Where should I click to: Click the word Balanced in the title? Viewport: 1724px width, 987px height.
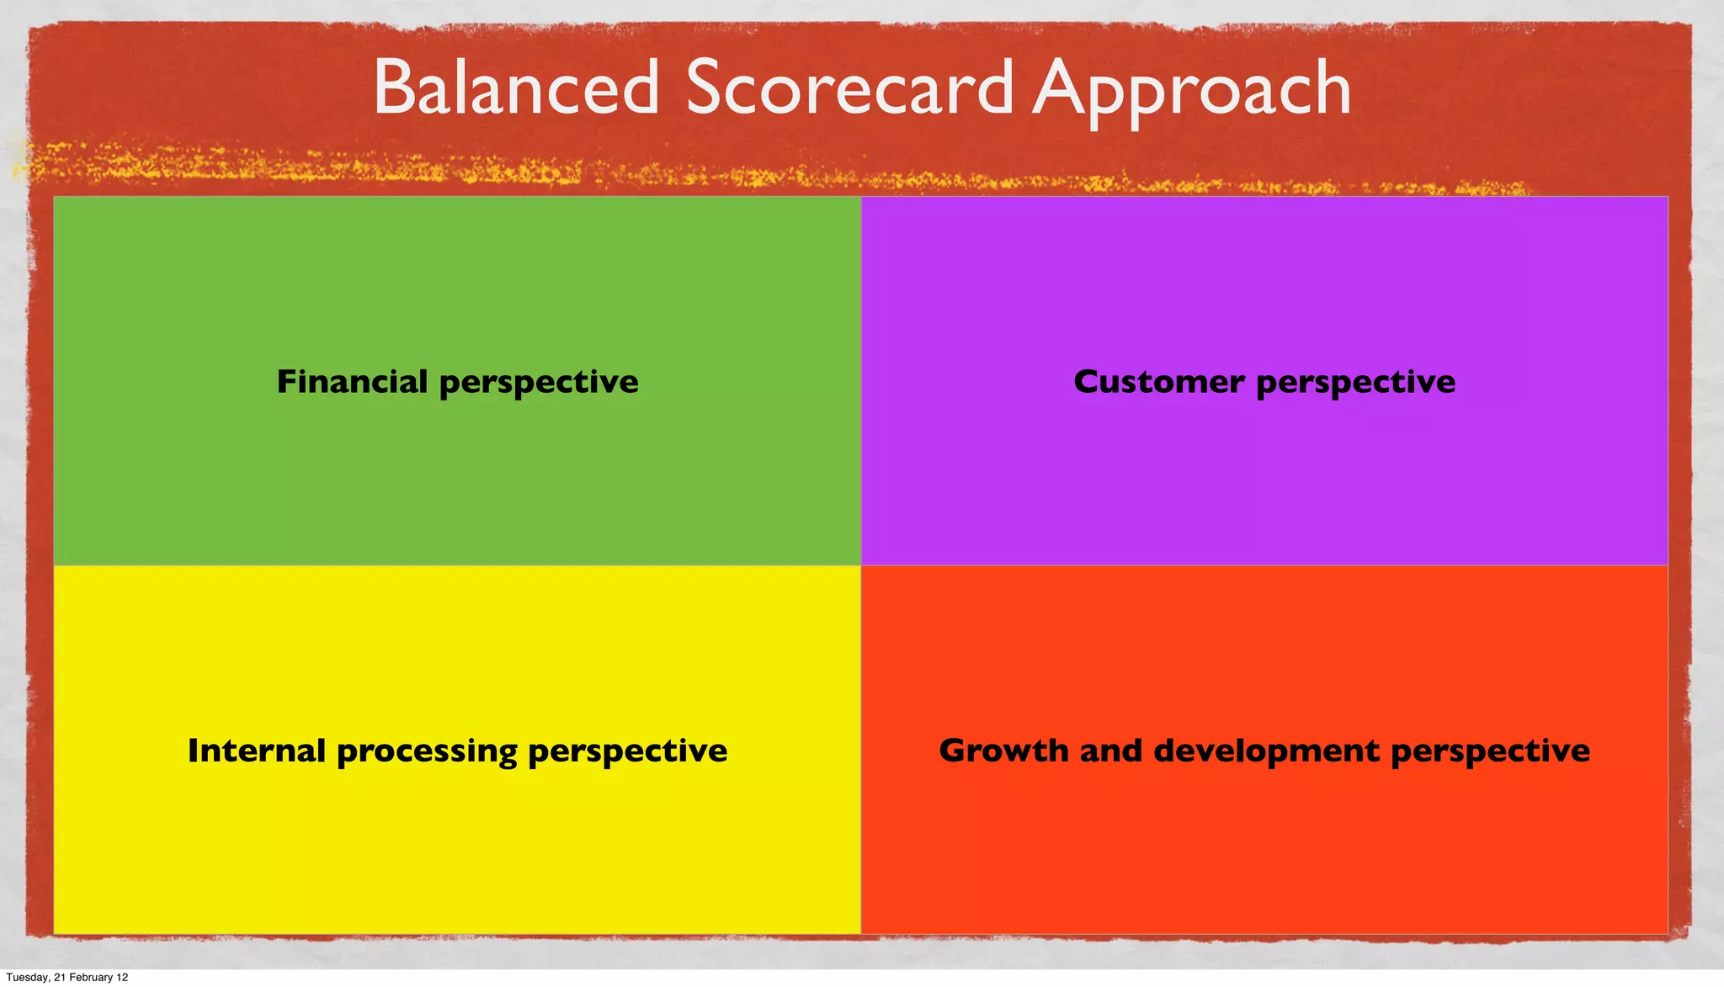pyautogui.click(x=516, y=88)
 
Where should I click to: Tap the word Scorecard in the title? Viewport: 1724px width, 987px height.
pyautogui.click(x=849, y=88)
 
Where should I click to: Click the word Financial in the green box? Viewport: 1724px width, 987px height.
pyautogui.click(x=352, y=381)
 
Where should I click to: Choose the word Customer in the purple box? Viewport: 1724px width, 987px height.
pyautogui.click(x=1158, y=381)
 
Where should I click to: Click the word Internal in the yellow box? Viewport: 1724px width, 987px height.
pyautogui.click(x=256, y=750)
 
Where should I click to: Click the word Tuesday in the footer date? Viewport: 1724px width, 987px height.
pyautogui.click(x=26, y=977)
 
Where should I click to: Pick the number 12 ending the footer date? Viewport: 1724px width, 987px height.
pyautogui.click(x=122, y=977)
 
